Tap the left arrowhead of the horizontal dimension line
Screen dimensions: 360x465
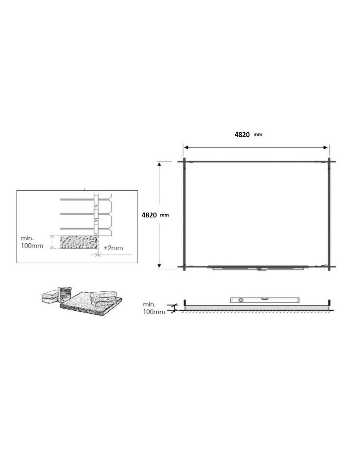click(x=186, y=147)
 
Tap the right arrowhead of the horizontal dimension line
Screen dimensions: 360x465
click(x=325, y=147)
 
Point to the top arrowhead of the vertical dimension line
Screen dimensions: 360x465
click(x=159, y=164)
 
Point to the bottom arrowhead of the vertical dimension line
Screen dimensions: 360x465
click(x=159, y=266)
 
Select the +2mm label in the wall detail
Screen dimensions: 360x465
click(x=113, y=248)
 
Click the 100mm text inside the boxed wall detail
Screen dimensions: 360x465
click(x=32, y=246)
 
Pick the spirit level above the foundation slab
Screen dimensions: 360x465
click(x=264, y=300)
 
